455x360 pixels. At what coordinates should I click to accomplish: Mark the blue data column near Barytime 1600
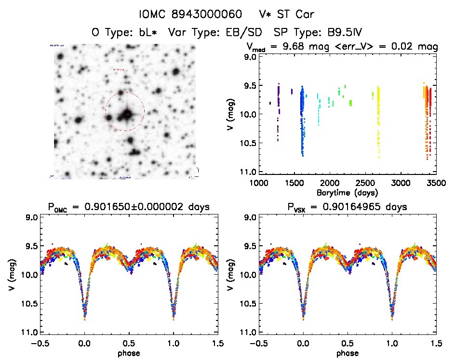302,120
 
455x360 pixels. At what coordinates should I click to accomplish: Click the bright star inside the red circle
127,115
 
